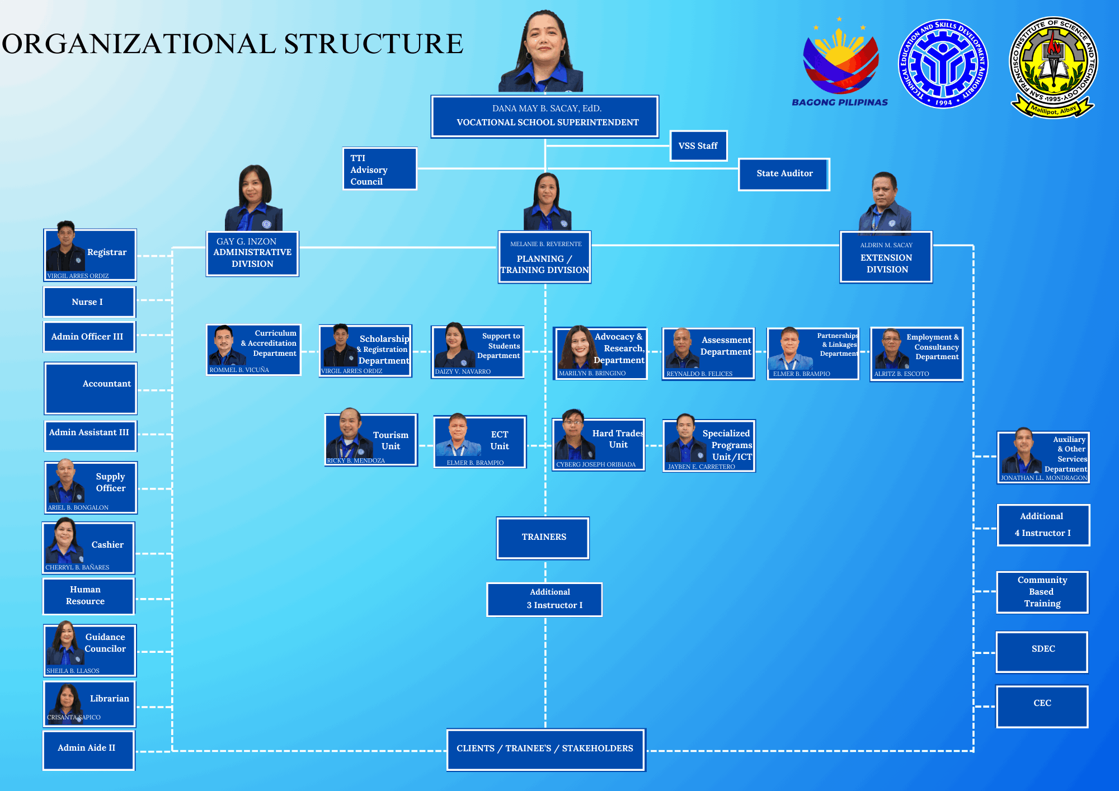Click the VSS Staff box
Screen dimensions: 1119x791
pos(698,146)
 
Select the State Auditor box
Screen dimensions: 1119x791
pos(784,174)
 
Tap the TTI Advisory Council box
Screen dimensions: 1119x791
pos(380,169)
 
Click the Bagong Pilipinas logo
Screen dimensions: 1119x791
pos(840,62)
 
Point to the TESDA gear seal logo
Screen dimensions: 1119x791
pos(943,64)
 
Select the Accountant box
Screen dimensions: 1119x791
pos(91,388)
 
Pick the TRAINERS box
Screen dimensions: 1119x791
pos(543,538)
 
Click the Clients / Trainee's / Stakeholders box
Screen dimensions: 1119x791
pos(546,750)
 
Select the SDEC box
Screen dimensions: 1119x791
pos(1042,652)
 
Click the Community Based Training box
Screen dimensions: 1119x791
pos(1042,592)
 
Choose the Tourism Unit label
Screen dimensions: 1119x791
pos(391,440)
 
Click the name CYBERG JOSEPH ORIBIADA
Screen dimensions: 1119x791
pos(596,464)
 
